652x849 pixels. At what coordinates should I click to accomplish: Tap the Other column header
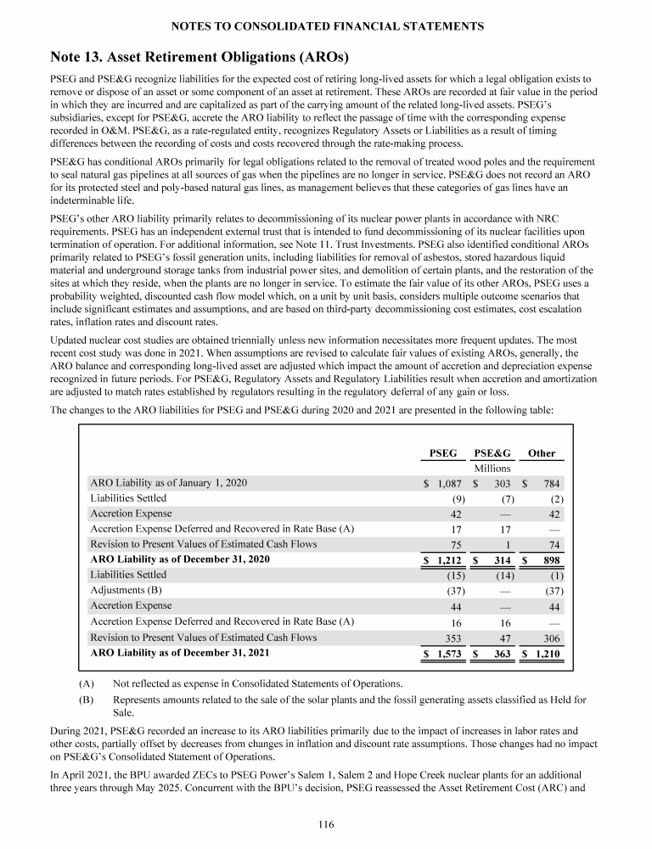point(542,453)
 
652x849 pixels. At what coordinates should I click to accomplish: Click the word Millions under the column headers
point(492,469)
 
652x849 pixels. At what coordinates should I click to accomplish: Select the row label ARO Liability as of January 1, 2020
point(169,483)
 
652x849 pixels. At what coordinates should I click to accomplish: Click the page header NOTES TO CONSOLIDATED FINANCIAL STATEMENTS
point(326,27)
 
